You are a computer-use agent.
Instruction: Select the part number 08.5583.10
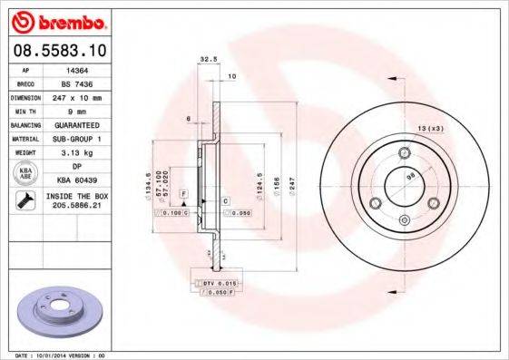coord(56,51)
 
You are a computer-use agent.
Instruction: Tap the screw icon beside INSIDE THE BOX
coord(23,199)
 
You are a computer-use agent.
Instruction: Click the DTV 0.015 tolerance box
coord(214,284)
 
